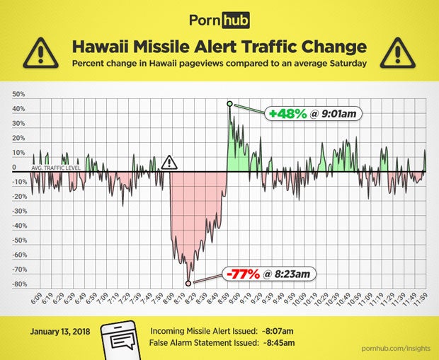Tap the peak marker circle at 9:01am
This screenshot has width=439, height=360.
point(229,104)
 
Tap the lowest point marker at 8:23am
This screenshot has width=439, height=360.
point(188,283)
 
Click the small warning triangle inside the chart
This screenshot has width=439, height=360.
point(169,163)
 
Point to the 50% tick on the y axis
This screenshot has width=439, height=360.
point(19,94)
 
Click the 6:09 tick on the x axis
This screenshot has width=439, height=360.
point(38,299)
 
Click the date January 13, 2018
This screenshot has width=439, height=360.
point(60,330)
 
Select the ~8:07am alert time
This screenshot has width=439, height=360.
point(278,330)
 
